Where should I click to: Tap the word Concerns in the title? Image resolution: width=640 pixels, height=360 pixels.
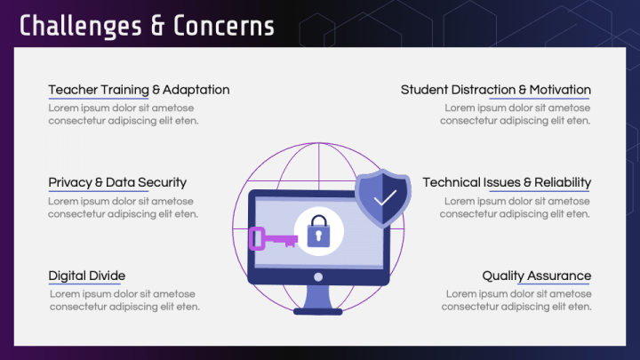tap(223, 26)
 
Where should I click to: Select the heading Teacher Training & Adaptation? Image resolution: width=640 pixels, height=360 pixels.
tap(139, 90)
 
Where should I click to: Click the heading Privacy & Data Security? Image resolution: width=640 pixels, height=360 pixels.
tap(117, 182)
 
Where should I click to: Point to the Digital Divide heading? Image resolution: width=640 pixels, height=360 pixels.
tap(87, 276)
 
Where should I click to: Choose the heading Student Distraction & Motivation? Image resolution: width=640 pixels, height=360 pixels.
tap(495, 90)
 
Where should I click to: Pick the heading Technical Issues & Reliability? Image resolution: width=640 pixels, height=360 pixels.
tap(507, 182)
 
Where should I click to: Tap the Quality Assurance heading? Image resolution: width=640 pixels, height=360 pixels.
tap(536, 276)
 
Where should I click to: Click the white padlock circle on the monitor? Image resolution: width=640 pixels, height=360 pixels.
tap(317, 230)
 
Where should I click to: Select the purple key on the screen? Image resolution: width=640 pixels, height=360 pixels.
tap(271, 238)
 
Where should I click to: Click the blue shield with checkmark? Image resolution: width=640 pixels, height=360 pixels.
tap(383, 198)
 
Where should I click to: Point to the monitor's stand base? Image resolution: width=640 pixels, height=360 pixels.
tap(317, 309)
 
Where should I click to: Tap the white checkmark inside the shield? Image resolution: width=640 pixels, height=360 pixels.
tap(384, 198)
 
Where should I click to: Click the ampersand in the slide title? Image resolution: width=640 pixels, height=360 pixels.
tap(157, 26)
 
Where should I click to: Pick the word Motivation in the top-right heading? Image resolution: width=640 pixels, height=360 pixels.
tap(560, 90)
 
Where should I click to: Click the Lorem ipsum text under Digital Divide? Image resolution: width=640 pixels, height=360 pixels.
tap(124, 300)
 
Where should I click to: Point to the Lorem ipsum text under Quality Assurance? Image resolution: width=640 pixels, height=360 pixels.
tap(516, 300)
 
